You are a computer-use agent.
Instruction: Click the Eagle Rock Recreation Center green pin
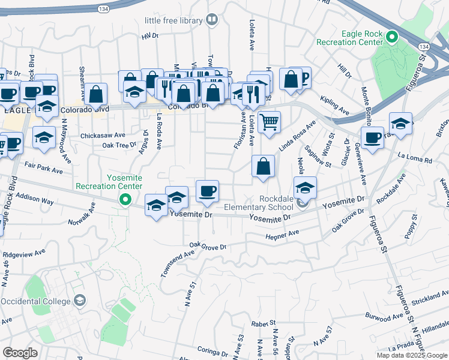click(392, 37)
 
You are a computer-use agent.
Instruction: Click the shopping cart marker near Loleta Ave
click(270, 122)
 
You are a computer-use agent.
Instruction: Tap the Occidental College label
click(37, 301)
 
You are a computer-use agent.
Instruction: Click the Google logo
click(20, 353)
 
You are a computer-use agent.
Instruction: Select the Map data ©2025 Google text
click(412, 355)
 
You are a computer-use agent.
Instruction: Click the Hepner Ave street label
click(282, 236)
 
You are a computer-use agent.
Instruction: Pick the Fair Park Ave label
click(44, 167)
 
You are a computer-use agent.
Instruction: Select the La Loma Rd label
click(415, 158)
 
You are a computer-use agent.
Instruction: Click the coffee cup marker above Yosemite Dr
click(207, 191)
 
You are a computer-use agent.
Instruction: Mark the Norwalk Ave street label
click(82, 214)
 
